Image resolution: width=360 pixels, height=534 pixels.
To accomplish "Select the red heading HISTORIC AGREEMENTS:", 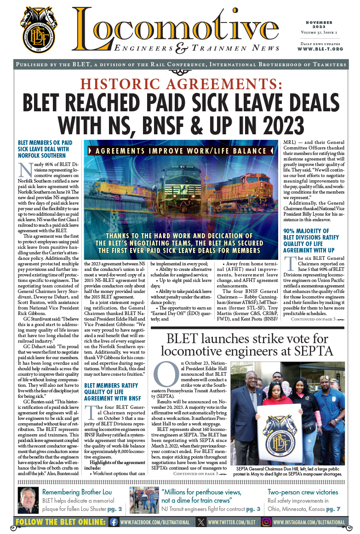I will (179, 84).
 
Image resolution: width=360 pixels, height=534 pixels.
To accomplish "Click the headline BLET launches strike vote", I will (247, 346).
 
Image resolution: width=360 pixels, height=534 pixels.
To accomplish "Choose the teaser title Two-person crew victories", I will (303, 492).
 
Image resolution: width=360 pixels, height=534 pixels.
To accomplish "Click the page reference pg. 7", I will (334, 509).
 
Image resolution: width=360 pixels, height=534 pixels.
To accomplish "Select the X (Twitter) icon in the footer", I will (201, 522).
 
